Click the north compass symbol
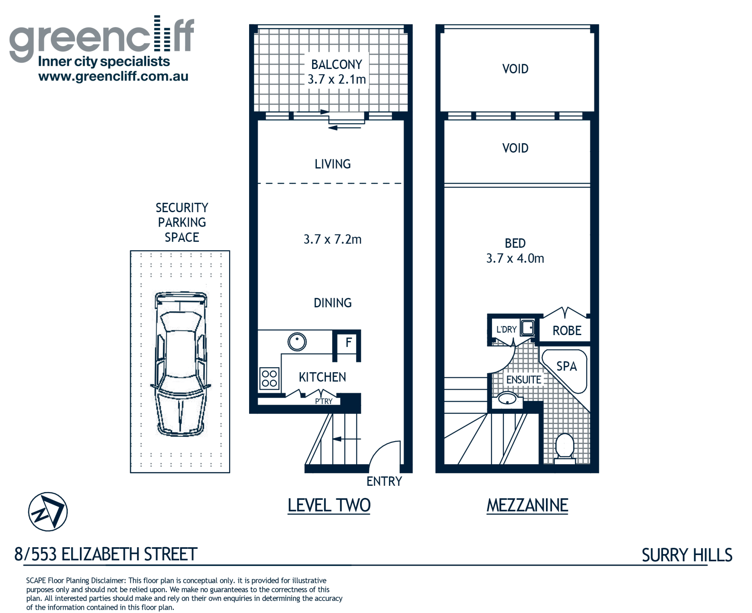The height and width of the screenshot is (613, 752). click(48, 512)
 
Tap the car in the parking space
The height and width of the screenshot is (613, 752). click(181, 364)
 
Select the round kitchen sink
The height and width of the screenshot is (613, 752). click(297, 341)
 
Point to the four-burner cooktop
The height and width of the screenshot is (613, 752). click(269, 379)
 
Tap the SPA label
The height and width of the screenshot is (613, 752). click(566, 366)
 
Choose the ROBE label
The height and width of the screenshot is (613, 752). click(567, 331)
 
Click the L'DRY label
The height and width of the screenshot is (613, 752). click(506, 330)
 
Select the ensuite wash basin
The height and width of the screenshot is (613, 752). click(507, 399)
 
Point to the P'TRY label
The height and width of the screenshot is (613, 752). click(324, 401)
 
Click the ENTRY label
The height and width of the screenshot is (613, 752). click(384, 481)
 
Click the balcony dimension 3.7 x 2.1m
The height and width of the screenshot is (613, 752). click(336, 79)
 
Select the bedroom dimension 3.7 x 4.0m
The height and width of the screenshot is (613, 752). click(515, 258)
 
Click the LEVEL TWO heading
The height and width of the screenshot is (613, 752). click(329, 505)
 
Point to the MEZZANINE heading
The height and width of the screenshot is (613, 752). click(527, 505)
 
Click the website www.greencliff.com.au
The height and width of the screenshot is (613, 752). click(113, 76)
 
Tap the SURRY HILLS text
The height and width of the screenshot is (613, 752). click(687, 555)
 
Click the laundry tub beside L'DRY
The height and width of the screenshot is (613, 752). click(528, 328)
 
